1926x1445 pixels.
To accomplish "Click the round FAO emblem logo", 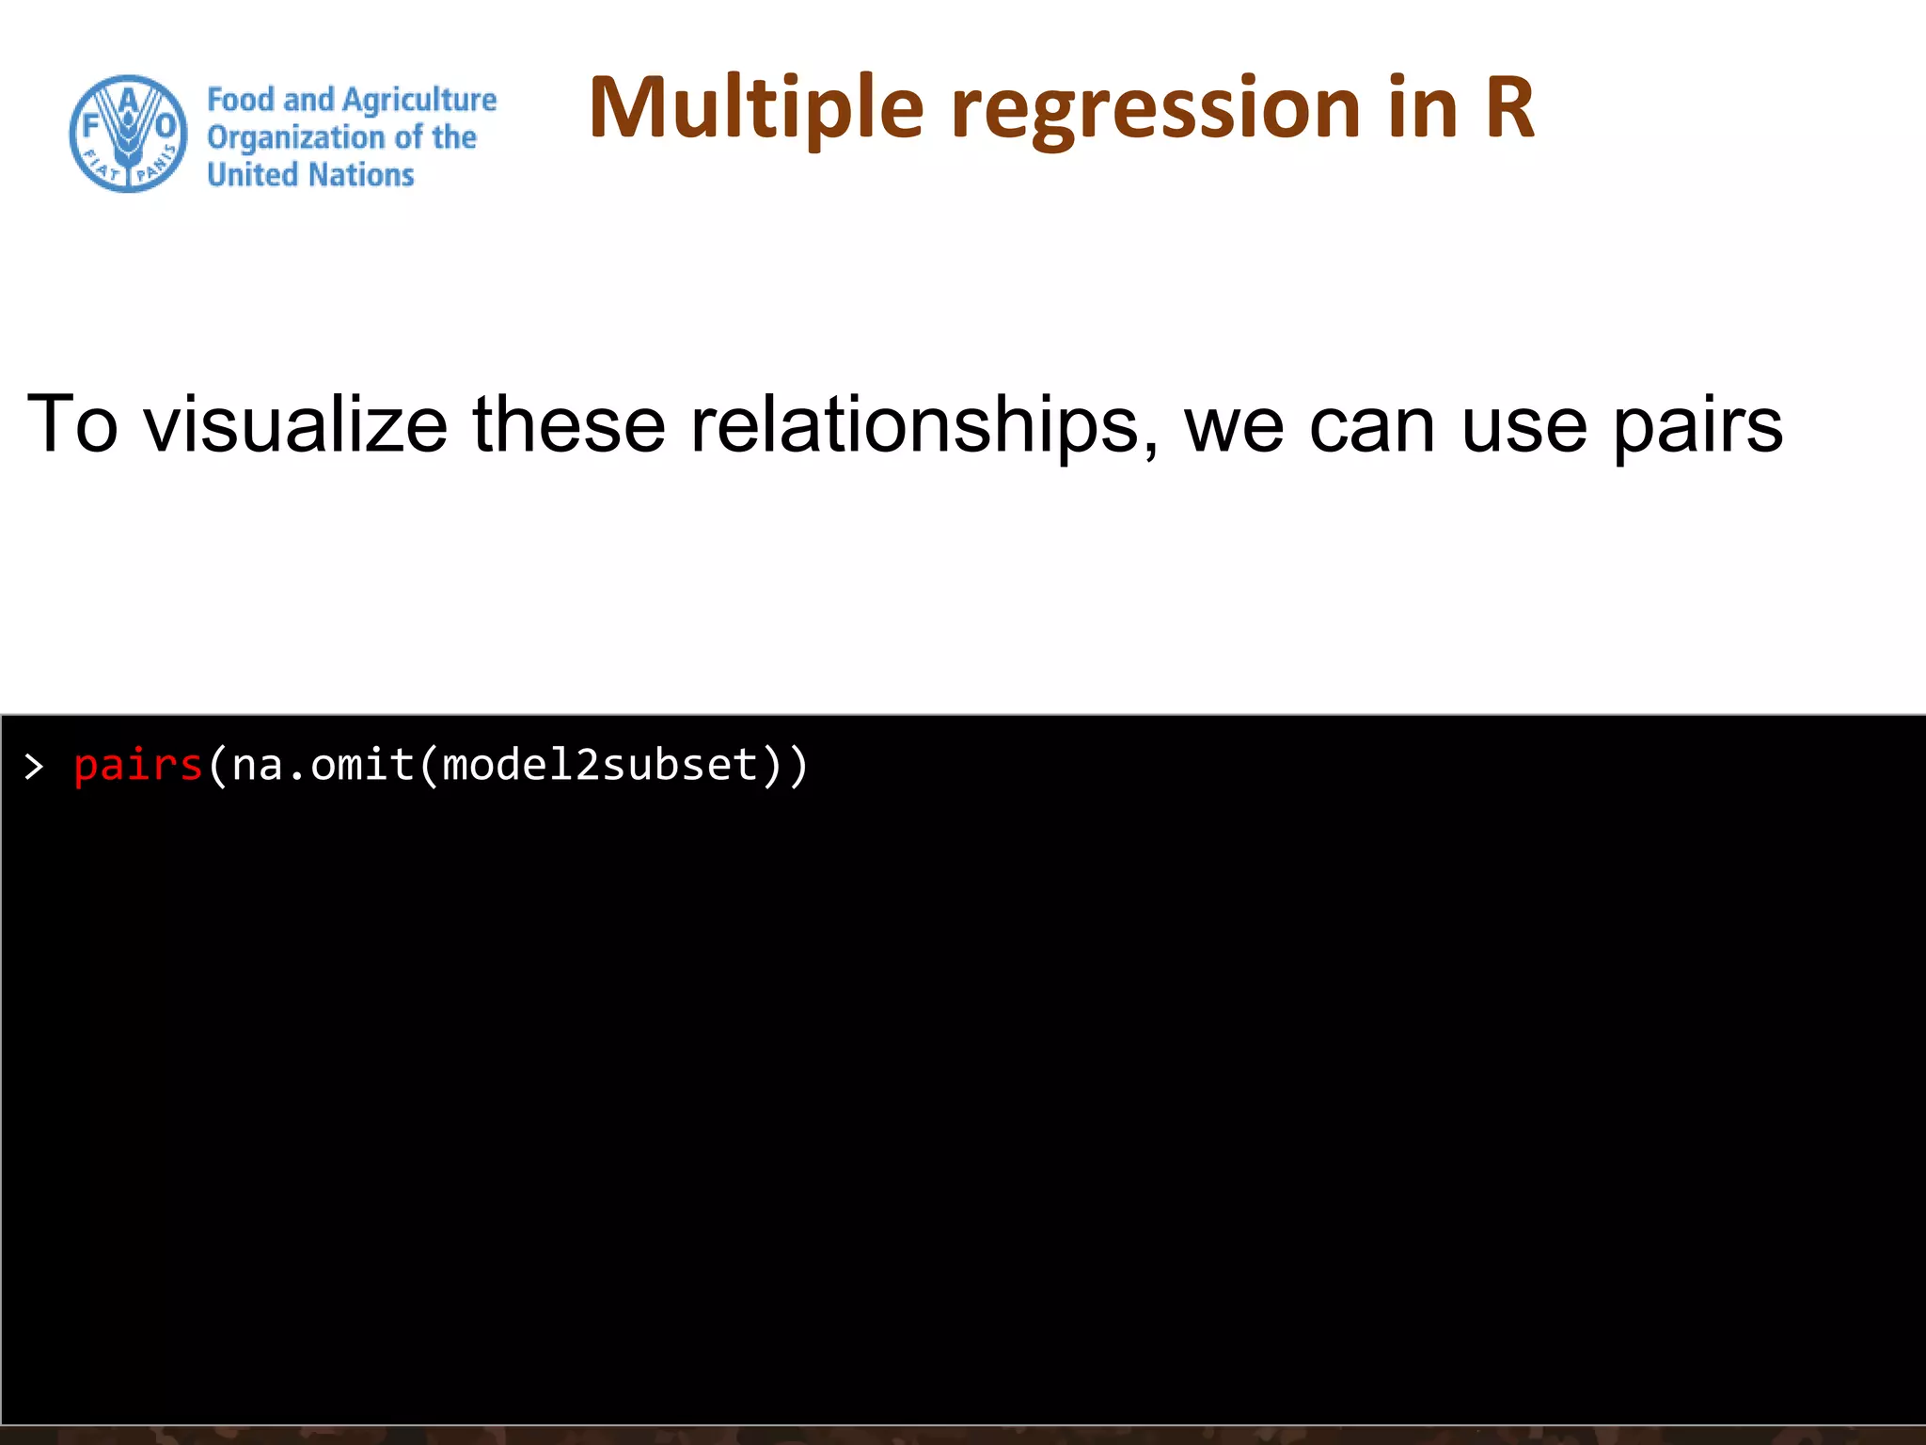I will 128,134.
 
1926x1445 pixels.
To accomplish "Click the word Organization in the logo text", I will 295,138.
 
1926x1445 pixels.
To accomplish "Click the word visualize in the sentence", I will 295,424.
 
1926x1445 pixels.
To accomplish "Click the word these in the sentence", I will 568,424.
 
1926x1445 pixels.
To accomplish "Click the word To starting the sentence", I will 72,424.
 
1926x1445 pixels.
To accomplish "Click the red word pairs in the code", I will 138,765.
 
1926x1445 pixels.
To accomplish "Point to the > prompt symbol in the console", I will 35,767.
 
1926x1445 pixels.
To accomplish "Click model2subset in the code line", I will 599,765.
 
